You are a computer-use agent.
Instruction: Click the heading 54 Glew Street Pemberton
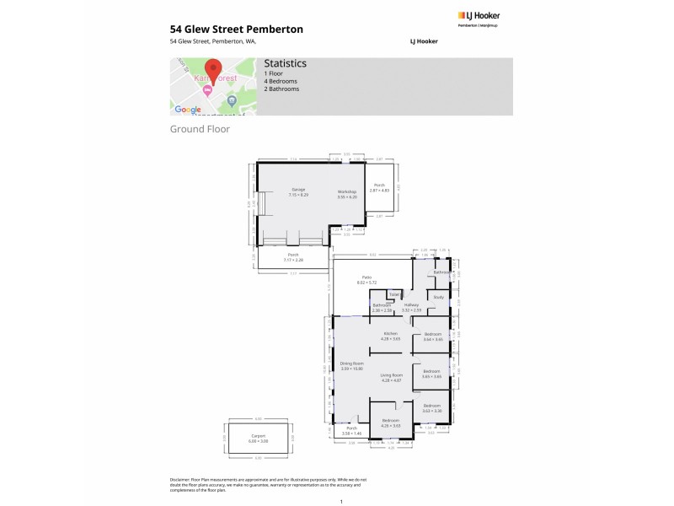click(236, 29)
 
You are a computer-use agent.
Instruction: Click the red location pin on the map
click(213, 70)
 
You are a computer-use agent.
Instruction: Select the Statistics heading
click(285, 63)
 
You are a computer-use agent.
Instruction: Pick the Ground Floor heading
click(200, 129)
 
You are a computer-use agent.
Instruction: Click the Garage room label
click(298, 190)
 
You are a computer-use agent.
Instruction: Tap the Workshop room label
click(347, 192)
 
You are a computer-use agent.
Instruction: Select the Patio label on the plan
click(367, 277)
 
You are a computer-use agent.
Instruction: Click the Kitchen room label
click(390, 335)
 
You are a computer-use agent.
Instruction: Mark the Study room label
click(438, 297)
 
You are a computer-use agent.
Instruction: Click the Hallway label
click(412, 305)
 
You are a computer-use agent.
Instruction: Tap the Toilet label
click(394, 294)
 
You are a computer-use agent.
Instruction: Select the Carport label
click(259, 436)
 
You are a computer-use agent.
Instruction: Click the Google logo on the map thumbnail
click(187, 110)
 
